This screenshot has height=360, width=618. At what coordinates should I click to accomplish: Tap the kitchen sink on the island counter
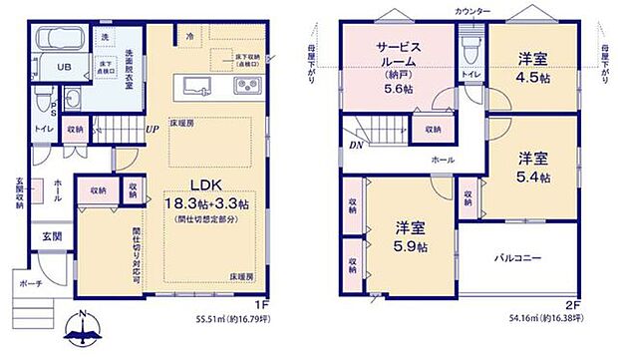coord(193,85)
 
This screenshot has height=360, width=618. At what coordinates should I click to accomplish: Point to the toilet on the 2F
coord(469,47)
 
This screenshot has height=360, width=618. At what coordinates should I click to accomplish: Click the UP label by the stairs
coord(152,129)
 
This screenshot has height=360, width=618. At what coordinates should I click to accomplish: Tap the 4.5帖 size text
coord(533,71)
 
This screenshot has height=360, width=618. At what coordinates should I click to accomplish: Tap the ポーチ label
coord(31,283)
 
